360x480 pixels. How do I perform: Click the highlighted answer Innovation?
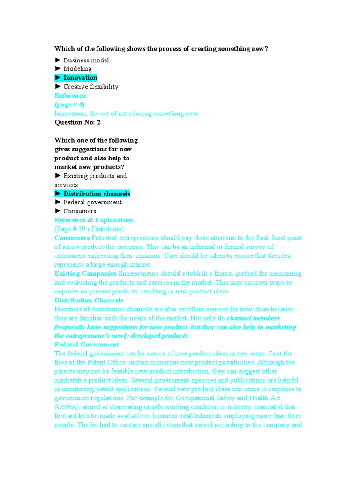click(80, 78)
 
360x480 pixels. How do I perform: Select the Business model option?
click(86, 60)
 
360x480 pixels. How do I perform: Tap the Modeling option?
click(77, 69)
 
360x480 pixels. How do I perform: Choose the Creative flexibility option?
click(90, 87)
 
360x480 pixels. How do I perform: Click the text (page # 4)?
click(69, 105)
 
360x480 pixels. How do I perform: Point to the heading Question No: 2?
click(77, 122)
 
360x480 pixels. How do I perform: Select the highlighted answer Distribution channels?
click(97, 194)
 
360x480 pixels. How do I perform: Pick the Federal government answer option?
click(92, 202)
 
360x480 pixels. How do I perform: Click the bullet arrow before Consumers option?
click(58, 211)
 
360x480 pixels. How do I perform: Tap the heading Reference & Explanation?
click(95, 220)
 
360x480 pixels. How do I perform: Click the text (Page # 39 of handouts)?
click(89, 229)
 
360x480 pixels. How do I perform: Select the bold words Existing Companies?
click(86, 273)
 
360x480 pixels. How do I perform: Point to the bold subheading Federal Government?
click(87, 345)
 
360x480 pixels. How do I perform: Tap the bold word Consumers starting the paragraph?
click(72, 238)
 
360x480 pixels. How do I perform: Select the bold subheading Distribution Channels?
click(89, 300)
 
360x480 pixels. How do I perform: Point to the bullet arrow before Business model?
click(58, 60)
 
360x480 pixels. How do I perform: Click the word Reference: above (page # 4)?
click(71, 96)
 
